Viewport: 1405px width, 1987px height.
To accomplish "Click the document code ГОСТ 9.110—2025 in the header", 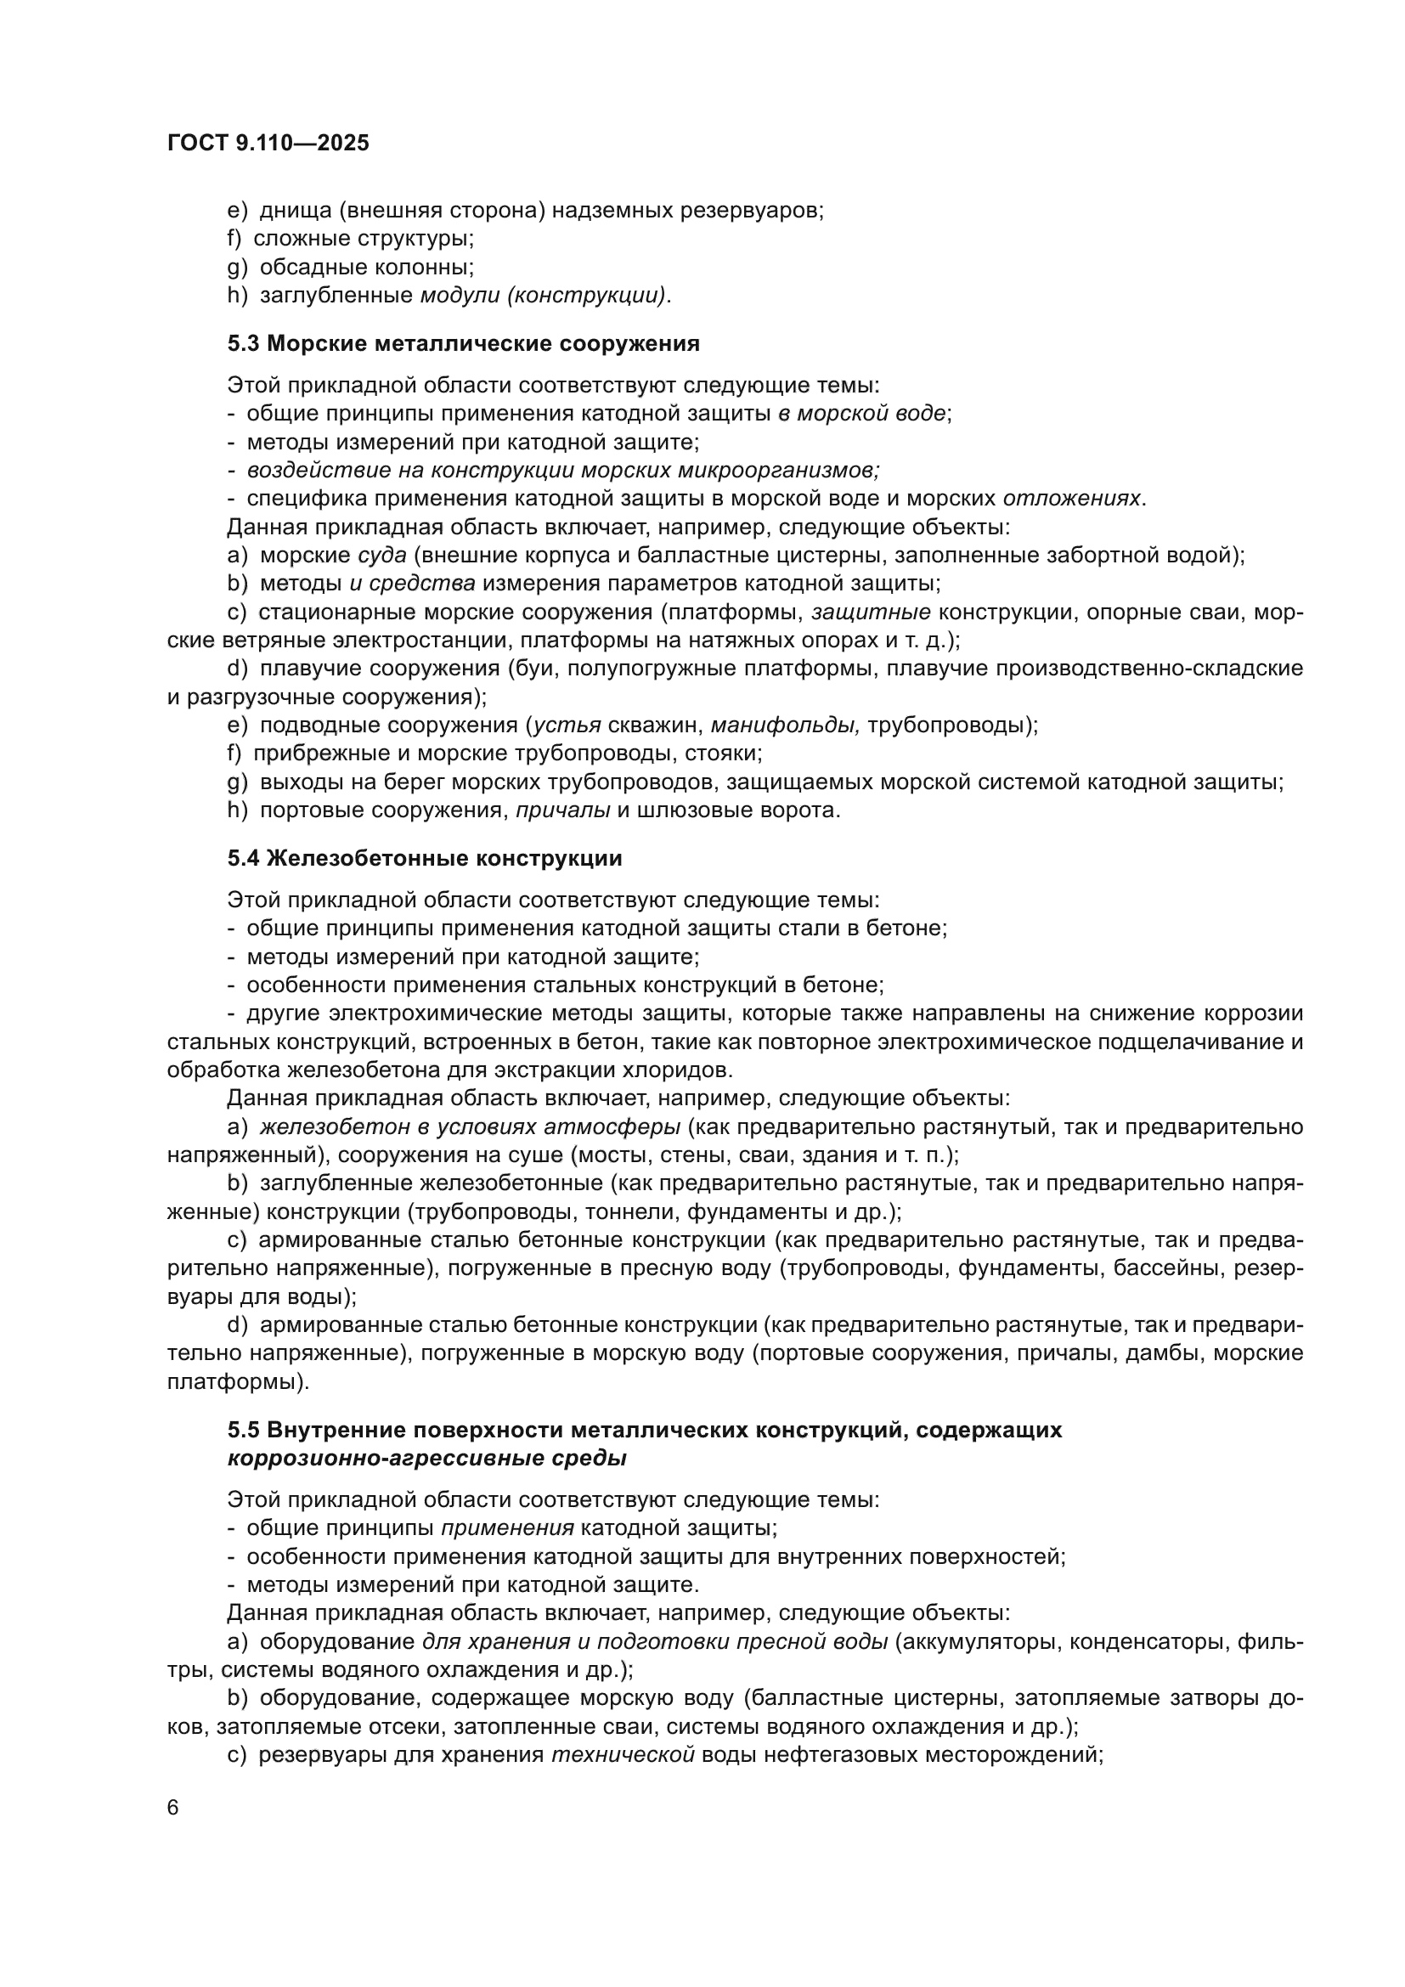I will (268, 143).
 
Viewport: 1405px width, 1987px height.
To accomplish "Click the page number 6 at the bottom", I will (173, 1808).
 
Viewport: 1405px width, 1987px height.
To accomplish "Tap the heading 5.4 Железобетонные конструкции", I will (424, 859).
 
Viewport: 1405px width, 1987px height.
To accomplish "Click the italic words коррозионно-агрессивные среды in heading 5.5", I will (426, 1459).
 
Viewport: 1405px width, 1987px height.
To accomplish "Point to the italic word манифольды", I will (785, 725).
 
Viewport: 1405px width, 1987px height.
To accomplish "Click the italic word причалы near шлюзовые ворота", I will (562, 811).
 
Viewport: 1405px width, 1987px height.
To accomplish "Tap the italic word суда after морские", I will (381, 555).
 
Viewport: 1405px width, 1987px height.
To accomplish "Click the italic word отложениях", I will (1071, 499).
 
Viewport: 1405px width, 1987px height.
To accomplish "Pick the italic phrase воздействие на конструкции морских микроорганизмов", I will (563, 470).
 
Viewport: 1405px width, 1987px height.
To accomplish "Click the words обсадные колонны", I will (367, 267).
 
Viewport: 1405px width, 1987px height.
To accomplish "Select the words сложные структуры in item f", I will (364, 238).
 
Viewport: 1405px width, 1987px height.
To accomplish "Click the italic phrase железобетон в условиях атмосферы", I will (470, 1127).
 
